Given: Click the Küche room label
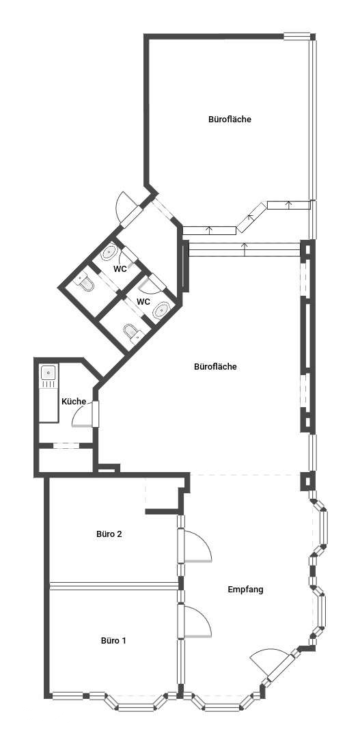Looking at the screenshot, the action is point(74,402).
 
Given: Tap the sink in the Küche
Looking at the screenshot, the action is point(49,372).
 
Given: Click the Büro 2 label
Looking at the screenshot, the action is point(109,534).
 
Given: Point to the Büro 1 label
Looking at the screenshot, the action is point(113,640).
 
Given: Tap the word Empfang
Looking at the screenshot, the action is point(245,590).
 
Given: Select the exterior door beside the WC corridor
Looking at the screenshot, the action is point(128,209).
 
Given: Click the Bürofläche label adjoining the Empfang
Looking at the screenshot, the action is point(215,367).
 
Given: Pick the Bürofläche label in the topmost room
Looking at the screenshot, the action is point(230,119).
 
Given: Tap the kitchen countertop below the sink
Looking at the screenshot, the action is point(49,401).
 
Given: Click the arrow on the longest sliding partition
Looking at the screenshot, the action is point(245,249).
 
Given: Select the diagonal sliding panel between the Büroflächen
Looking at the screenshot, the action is point(251,217).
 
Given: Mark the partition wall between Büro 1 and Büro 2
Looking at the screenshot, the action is point(114,586).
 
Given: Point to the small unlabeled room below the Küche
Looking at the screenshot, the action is point(66,460).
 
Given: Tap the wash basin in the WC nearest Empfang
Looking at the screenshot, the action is point(161,309).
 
